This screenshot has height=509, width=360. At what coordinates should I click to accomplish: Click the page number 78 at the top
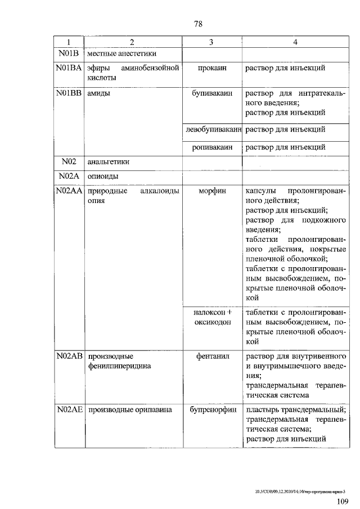197,24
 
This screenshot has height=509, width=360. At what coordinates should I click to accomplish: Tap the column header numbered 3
211,43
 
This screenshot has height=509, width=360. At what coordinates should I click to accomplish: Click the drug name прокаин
211,68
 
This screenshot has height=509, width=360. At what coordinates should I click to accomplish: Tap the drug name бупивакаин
211,93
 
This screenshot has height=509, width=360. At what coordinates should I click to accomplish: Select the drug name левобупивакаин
212,129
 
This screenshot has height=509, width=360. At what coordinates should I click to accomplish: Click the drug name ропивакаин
211,147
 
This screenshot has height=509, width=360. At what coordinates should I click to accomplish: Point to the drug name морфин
211,191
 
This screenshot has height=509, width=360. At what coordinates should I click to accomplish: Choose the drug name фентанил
211,357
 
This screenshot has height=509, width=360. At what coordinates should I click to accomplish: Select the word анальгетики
109,162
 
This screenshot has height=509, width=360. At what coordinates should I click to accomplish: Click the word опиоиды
102,177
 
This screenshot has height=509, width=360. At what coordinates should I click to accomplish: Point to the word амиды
98,93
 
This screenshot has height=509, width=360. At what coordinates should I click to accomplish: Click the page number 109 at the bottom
342,501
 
